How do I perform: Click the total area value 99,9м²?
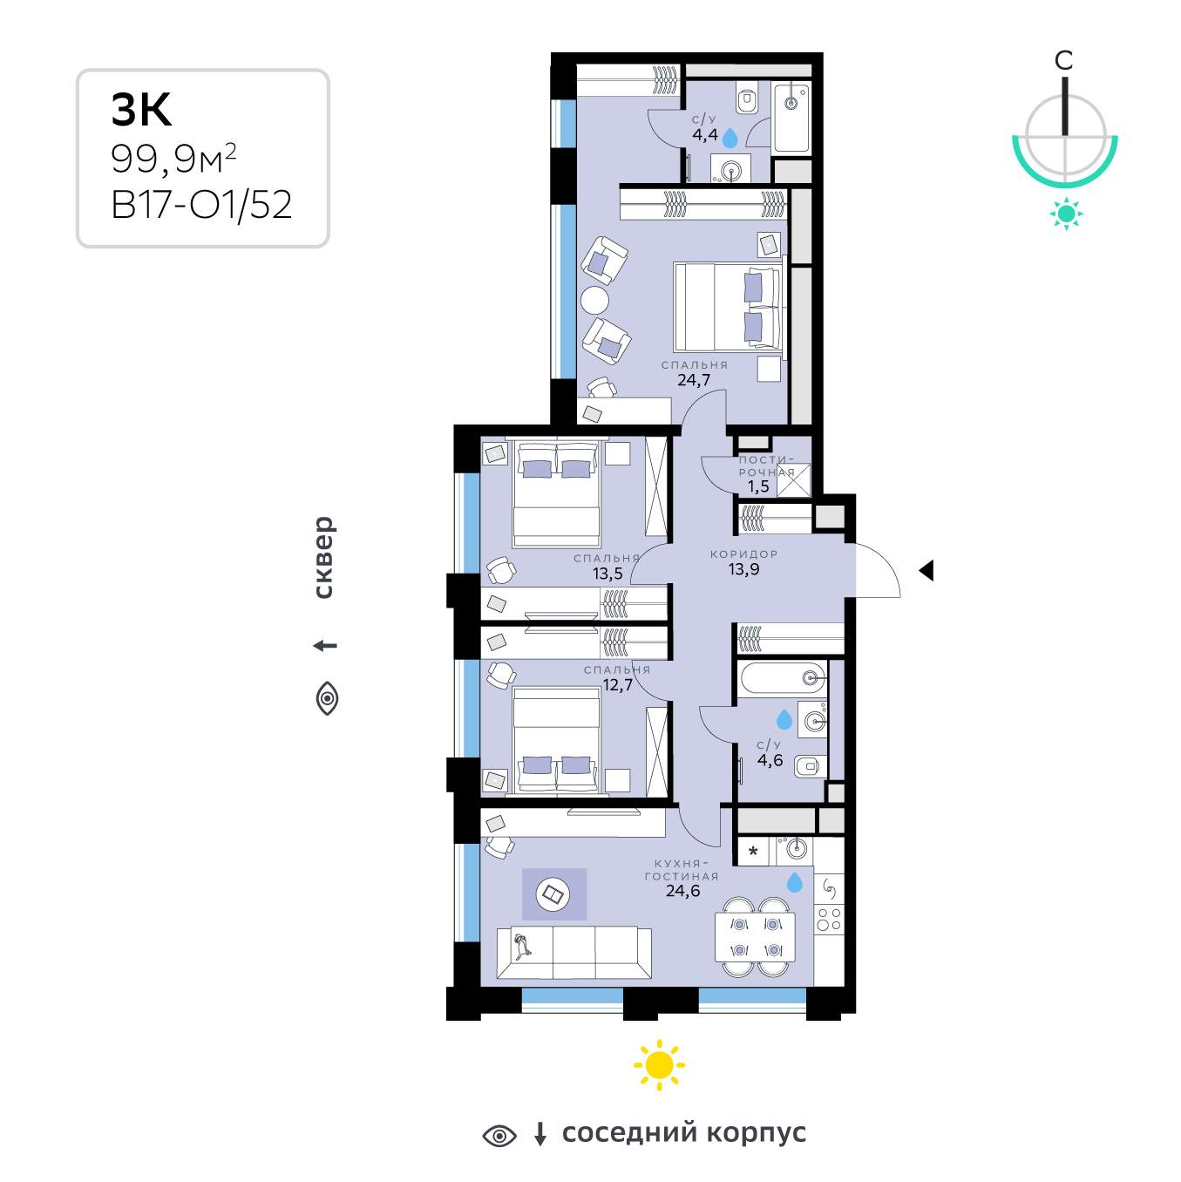tap(173, 159)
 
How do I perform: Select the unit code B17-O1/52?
tap(201, 204)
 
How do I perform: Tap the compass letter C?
tap(1063, 60)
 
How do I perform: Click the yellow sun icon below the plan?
tap(659, 1064)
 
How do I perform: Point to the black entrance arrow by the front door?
tap(926, 570)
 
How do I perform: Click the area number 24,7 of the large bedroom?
tap(694, 380)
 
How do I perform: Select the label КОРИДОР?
tap(743, 554)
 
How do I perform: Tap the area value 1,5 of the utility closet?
tap(758, 486)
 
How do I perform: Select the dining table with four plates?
tap(755, 937)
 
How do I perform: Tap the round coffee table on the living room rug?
tap(553, 893)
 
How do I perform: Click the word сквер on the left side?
tap(323, 557)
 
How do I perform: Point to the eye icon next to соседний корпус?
tap(499, 1136)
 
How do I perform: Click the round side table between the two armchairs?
tap(594, 301)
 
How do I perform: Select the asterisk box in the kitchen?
tap(753, 852)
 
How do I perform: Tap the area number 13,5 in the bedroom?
tap(607, 574)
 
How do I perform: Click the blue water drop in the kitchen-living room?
tap(795, 882)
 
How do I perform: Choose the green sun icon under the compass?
tap(1066, 214)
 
